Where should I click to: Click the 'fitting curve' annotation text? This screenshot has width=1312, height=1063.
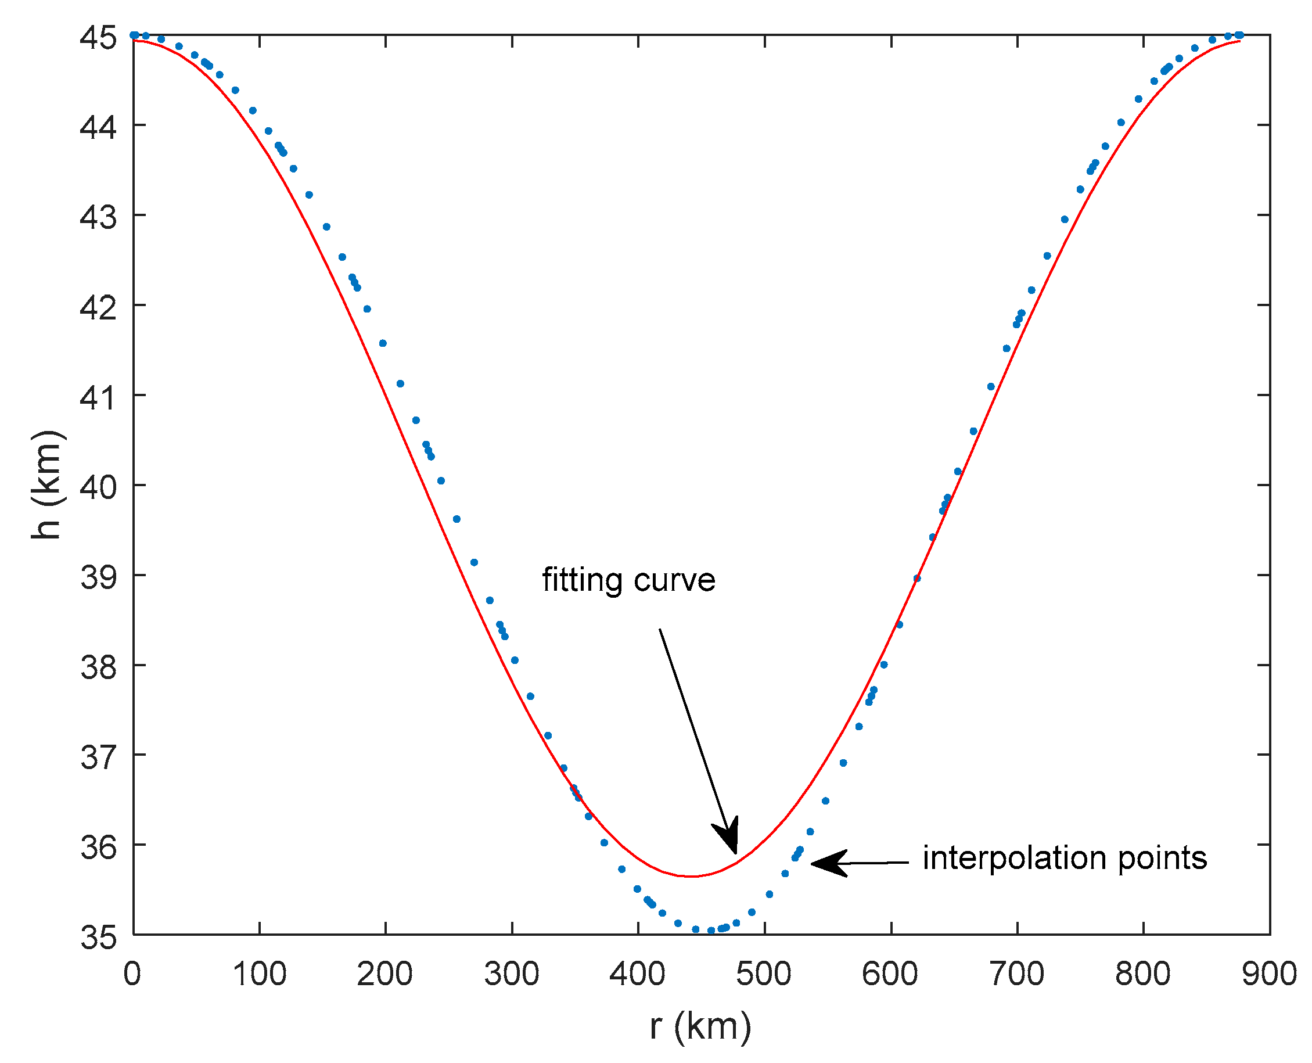click(628, 580)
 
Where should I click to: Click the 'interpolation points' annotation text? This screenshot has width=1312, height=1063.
click(1065, 858)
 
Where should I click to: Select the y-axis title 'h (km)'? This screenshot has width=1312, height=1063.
click(46, 484)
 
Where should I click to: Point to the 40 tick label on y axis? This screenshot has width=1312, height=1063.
click(98, 487)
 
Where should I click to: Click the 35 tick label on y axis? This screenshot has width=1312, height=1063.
click(98, 937)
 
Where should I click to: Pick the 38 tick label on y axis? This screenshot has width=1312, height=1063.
click(98, 667)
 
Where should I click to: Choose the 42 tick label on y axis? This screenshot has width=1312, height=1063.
click(98, 307)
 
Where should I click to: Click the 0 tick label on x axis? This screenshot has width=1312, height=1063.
click(132, 974)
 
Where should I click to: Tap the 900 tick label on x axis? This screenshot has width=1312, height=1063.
click(1269, 974)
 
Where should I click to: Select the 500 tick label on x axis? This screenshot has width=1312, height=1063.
click(764, 974)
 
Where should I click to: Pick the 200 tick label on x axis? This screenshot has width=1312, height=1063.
click(385, 974)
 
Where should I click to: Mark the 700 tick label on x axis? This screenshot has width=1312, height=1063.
click(1017, 974)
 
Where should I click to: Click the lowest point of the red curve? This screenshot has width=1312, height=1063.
click(691, 876)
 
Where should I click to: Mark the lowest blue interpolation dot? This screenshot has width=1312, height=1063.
click(711, 931)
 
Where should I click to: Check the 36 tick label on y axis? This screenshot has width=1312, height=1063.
click(98, 847)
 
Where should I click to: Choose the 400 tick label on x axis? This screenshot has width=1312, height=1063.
click(638, 974)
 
